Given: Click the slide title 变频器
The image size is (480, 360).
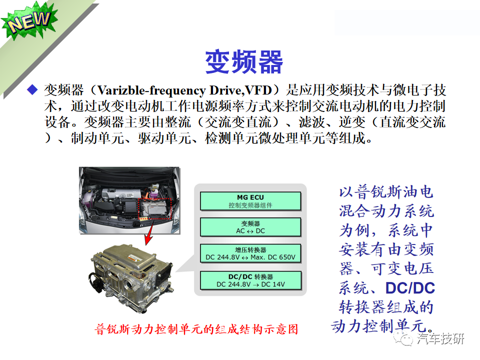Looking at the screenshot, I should click(244, 61).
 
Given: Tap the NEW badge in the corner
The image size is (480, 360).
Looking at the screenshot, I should click(28, 23).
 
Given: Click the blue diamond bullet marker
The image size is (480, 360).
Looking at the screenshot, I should click(32, 90).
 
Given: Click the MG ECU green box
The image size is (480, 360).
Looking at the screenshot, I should click(250, 201).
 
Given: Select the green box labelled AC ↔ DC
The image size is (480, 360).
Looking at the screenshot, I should click(250, 227).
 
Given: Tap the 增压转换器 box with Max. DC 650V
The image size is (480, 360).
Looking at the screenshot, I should click(250, 253).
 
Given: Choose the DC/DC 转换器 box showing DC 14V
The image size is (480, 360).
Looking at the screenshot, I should click(250, 280).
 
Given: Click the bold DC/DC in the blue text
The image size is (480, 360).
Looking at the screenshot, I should click(410, 288).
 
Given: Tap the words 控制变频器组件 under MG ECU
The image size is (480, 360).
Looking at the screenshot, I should click(250, 205).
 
